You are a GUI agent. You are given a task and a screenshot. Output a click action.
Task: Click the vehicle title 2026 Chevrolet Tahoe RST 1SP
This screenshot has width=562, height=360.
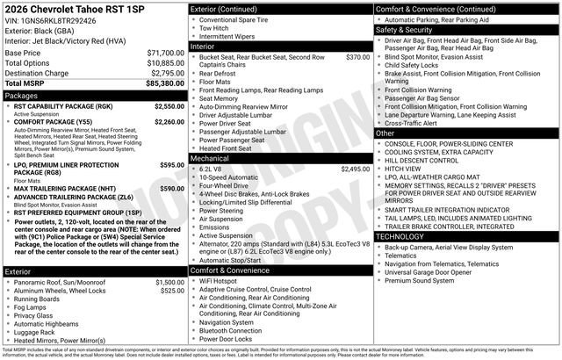coord(73,8)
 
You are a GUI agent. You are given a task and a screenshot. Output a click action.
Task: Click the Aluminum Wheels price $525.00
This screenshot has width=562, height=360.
coord(171,291)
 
